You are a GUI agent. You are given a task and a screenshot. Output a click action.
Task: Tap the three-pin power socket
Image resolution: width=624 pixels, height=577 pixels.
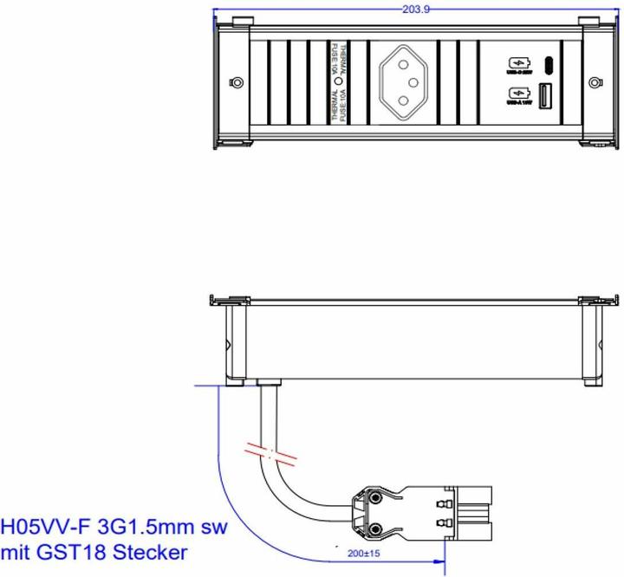pyautogui.click(x=406, y=83)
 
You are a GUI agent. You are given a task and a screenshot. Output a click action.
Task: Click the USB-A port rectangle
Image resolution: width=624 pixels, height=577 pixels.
pyautogui.click(x=546, y=96)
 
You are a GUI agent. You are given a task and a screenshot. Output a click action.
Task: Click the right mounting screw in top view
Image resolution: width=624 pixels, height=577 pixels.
pyautogui.click(x=594, y=83)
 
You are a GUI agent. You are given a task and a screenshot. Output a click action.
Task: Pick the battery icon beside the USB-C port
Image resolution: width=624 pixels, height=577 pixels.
pyautogui.click(x=518, y=63)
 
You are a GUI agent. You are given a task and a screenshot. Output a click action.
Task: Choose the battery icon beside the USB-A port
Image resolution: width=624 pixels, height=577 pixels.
pyautogui.click(x=518, y=94)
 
